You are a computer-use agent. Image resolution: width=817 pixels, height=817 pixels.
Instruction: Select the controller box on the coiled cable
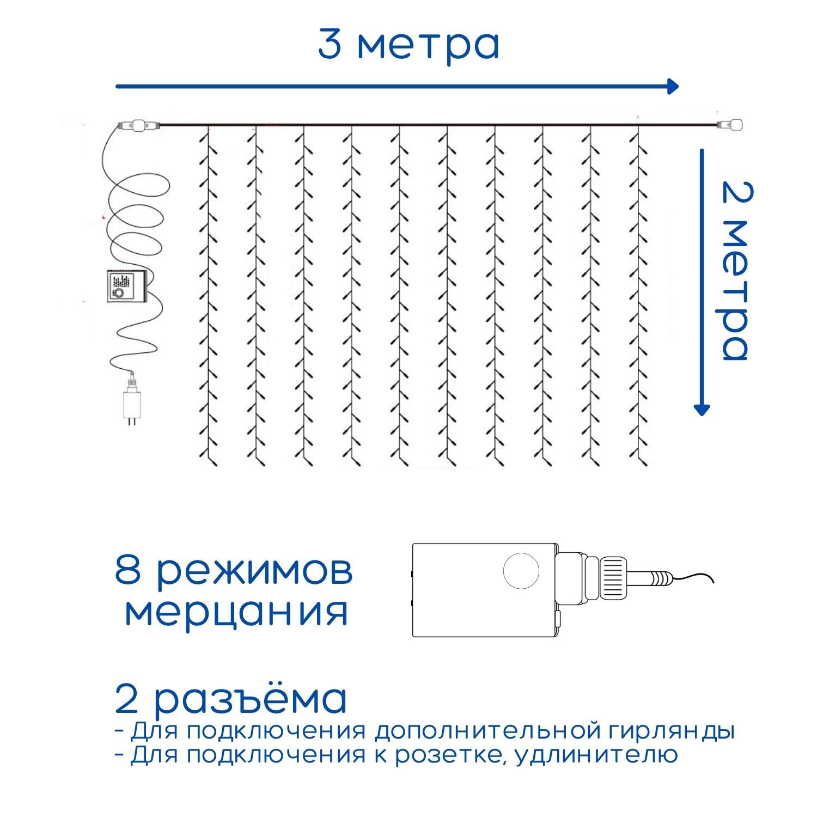click(x=125, y=286)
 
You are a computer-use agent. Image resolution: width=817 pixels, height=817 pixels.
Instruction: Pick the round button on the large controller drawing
click(x=521, y=571)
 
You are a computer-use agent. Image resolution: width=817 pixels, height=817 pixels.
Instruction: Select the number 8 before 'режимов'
click(x=127, y=569)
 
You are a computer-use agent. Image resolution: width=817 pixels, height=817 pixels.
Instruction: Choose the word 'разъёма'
click(x=251, y=699)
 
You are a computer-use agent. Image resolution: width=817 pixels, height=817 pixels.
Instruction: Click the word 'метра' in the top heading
click(x=428, y=45)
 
